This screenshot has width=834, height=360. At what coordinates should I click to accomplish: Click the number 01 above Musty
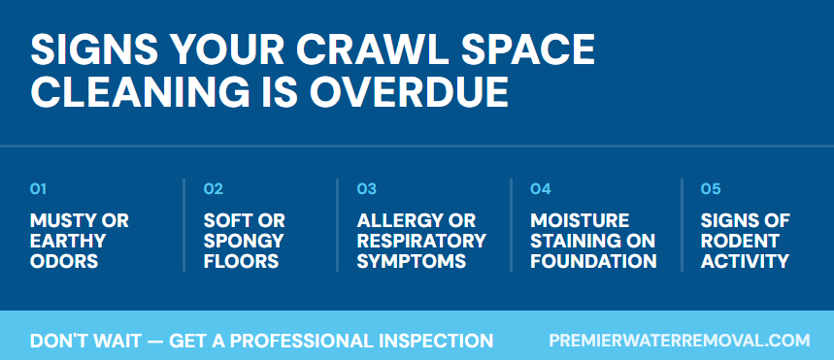click(x=39, y=188)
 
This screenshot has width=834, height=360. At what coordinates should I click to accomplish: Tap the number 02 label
click(x=214, y=188)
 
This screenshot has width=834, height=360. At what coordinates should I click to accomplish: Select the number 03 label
click(x=367, y=188)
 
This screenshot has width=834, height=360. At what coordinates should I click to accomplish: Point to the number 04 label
click(x=541, y=188)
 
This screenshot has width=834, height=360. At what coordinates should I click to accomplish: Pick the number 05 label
click(x=711, y=188)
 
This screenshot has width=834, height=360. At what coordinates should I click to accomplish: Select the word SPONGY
click(x=244, y=241)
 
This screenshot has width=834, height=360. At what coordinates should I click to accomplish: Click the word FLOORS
click(x=242, y=261)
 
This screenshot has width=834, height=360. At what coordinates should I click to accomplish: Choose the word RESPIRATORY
click(x=421, y=241)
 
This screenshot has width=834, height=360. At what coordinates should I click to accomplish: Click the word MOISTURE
click(x=580, y=220)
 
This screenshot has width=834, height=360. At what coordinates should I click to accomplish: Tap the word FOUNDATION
click(x=593, y=261)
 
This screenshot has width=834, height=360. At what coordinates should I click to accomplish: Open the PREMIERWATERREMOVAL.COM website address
click(x=679, y=341)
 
